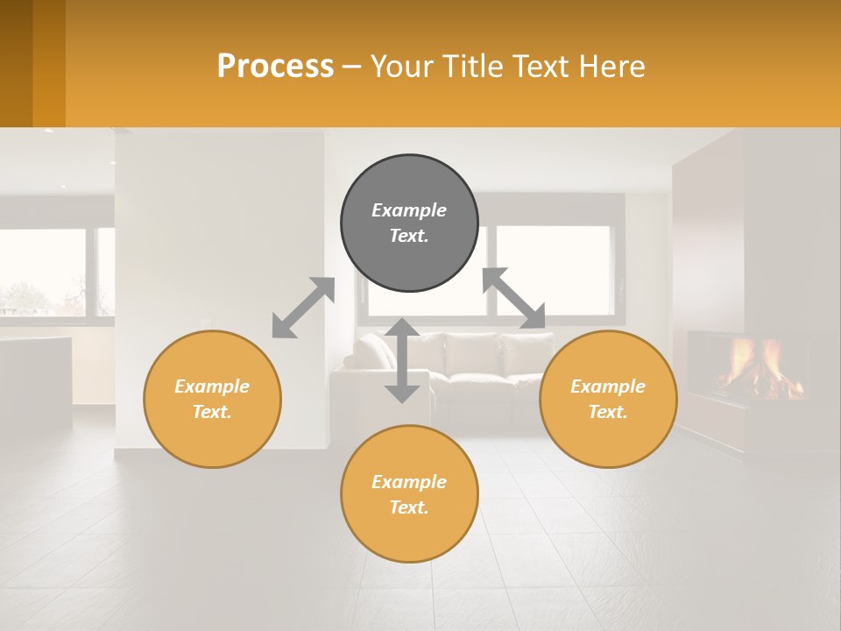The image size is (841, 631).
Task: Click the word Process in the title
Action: tap(275, 67)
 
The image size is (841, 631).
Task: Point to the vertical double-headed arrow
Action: tap(402, 360)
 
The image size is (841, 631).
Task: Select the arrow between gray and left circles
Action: tap(303, 308)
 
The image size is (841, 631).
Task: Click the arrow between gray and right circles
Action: tap(513, 299)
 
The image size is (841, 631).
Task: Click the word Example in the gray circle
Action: tap(409, 210)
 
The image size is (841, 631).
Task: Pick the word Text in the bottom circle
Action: tap(407, 507)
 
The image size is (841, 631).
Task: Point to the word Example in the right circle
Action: tap(608, 386)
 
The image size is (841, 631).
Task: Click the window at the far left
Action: tap(44, 273)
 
